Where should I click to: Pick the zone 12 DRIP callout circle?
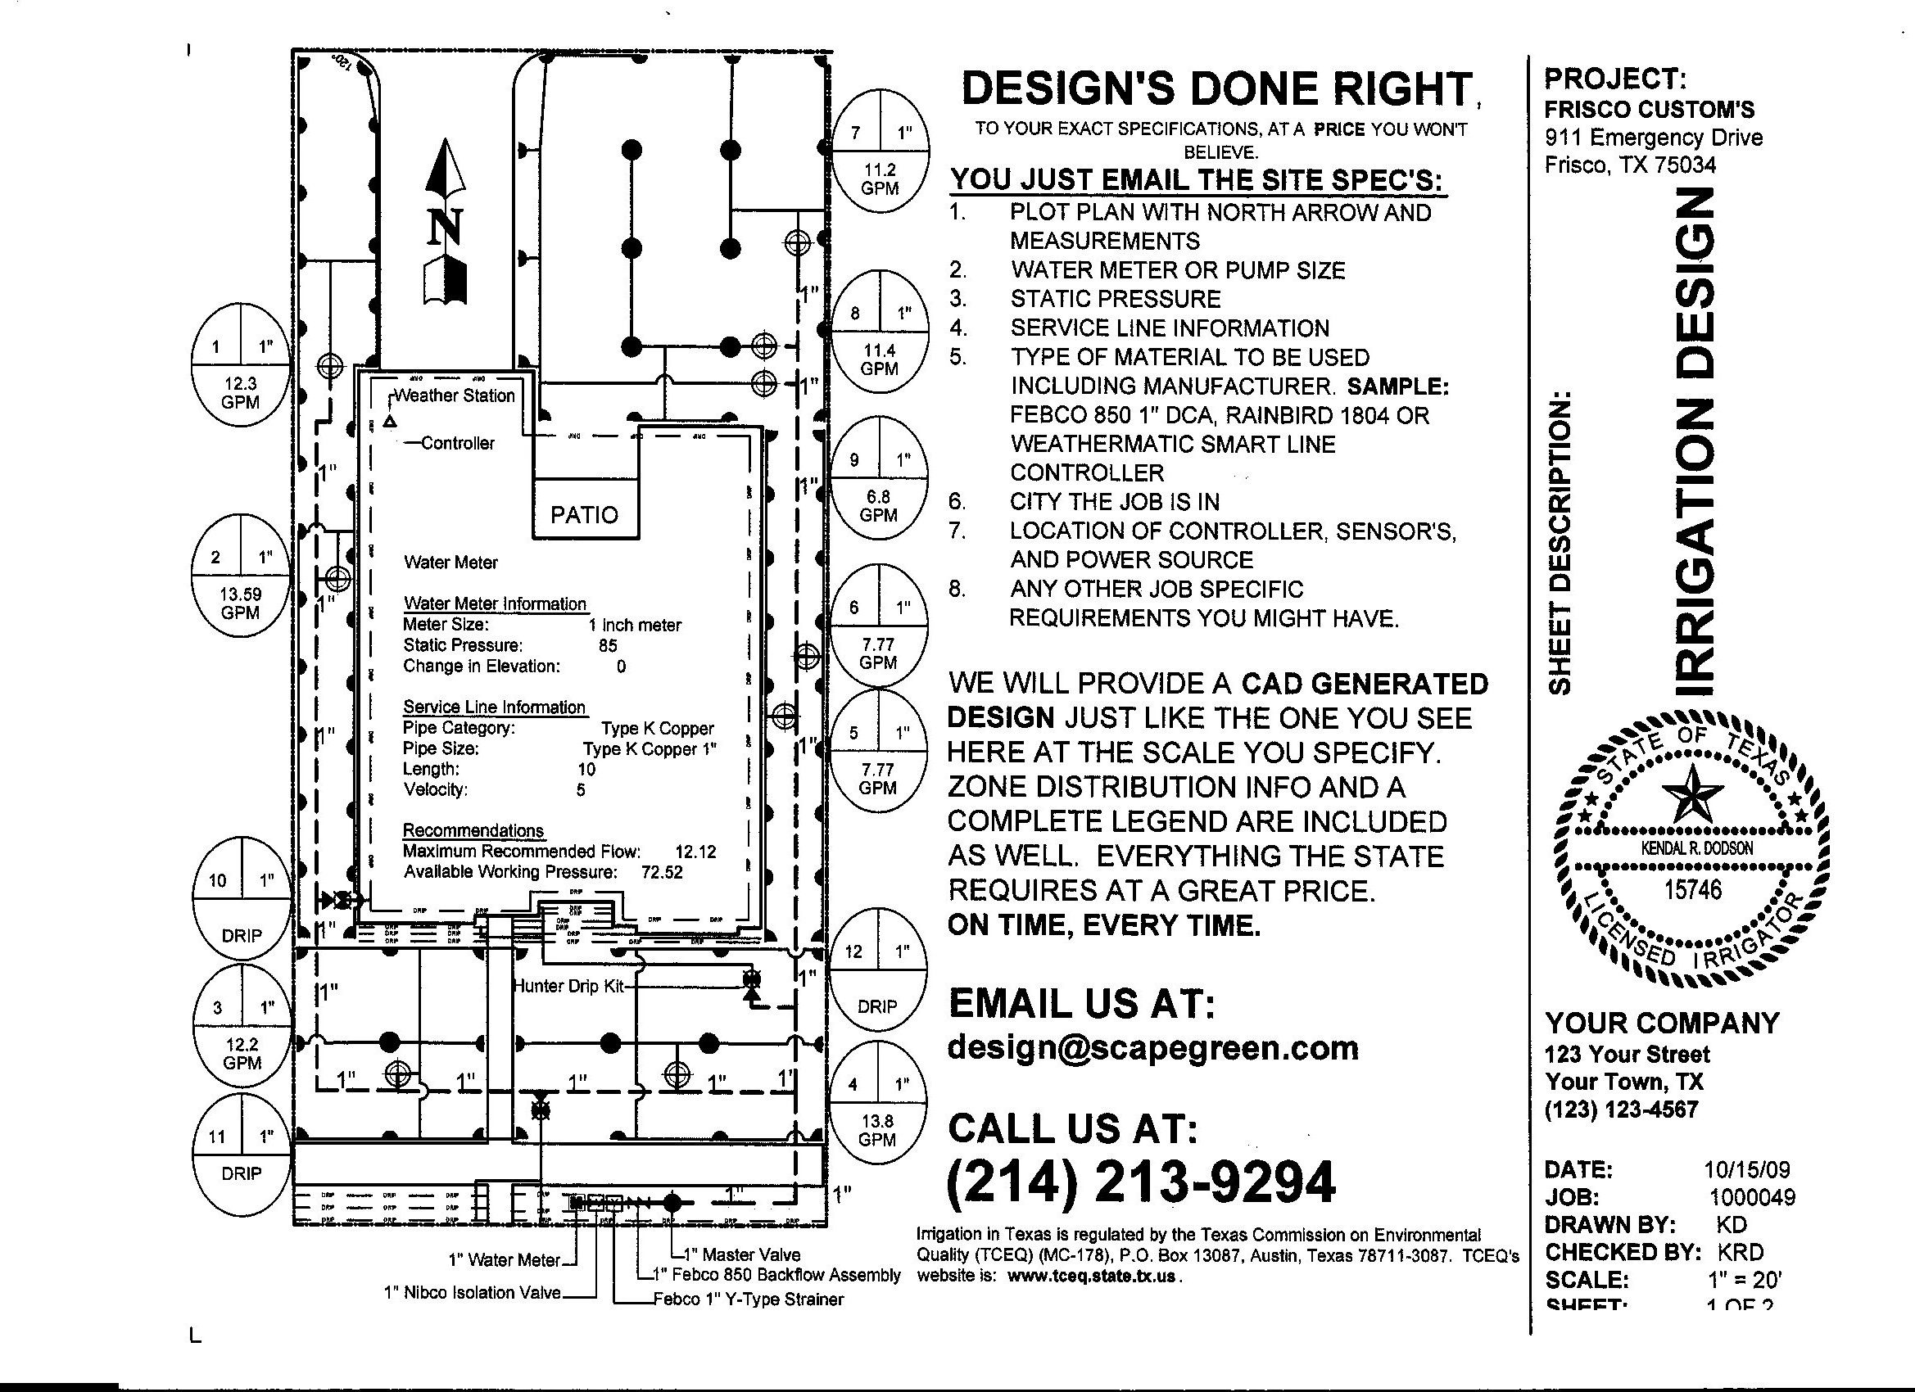(877, 979)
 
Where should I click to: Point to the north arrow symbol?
(445, 224)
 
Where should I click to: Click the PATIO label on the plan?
(584, 514)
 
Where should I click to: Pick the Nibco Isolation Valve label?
(472, 1292)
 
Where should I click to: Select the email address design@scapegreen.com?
(1152, 1047)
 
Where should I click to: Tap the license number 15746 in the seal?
(1692, 889)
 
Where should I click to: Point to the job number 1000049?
(1752, 1197)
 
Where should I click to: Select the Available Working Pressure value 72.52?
(662, 872)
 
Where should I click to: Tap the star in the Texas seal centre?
(1692, 793)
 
